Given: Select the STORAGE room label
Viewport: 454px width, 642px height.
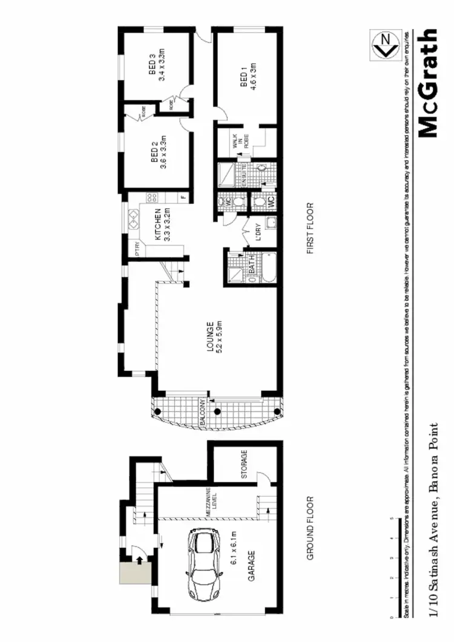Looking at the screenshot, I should point(245,465).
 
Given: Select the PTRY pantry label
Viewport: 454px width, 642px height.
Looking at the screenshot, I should point(138,249).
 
